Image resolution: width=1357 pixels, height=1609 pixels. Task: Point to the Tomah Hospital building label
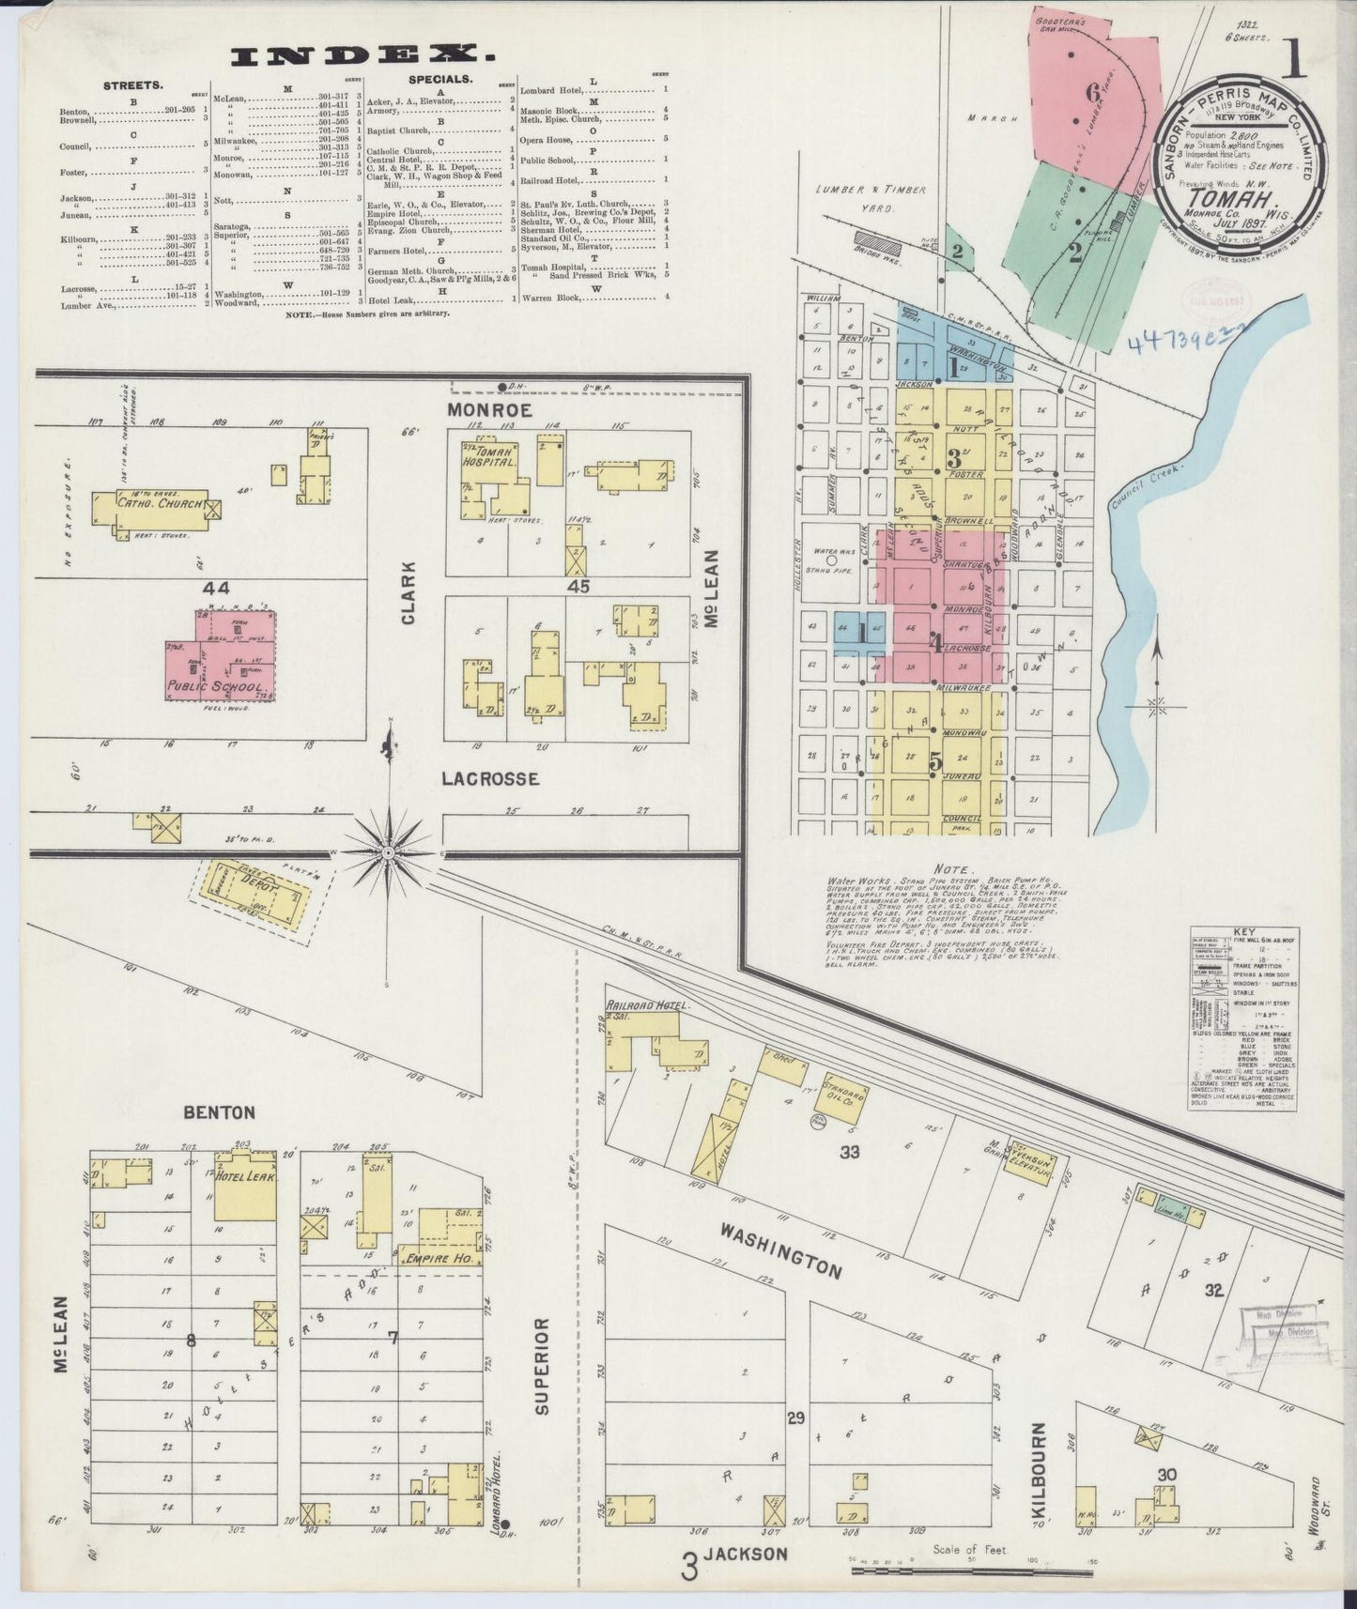(x=489, y=456)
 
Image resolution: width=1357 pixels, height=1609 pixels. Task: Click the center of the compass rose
(x=388, y=851)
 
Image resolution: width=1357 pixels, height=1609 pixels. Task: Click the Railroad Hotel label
(x=648, y=1006)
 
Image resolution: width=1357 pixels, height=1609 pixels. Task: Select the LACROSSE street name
(x=490, y=778)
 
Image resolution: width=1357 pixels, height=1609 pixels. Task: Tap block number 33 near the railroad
(x=850, y=1152)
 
